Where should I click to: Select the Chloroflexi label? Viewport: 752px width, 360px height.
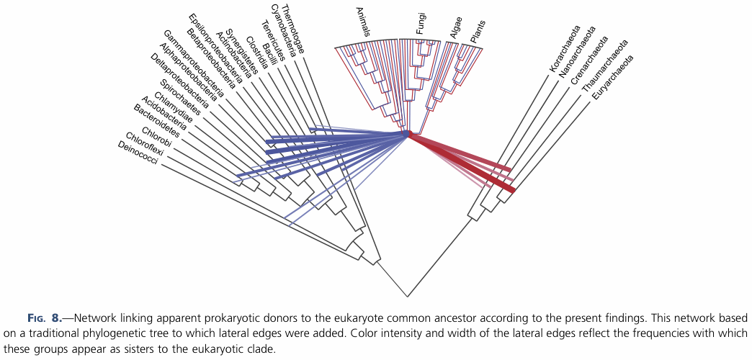coord(146,145)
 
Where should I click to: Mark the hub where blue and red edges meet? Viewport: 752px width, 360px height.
coord(407,134)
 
